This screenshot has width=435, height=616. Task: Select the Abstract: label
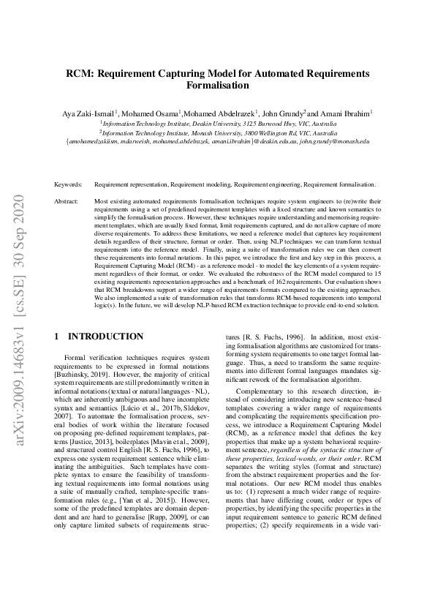[x=67, y=200]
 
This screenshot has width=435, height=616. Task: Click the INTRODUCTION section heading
[x=105, y=337]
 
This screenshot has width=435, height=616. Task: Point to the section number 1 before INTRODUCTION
[x=58, y=337]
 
